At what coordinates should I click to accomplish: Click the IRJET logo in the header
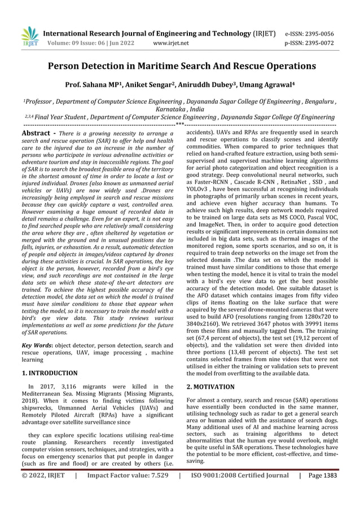tap(29, 37)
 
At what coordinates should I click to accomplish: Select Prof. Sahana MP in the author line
tap(94, 85)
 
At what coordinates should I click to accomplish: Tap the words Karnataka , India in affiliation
tap(180, 109)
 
